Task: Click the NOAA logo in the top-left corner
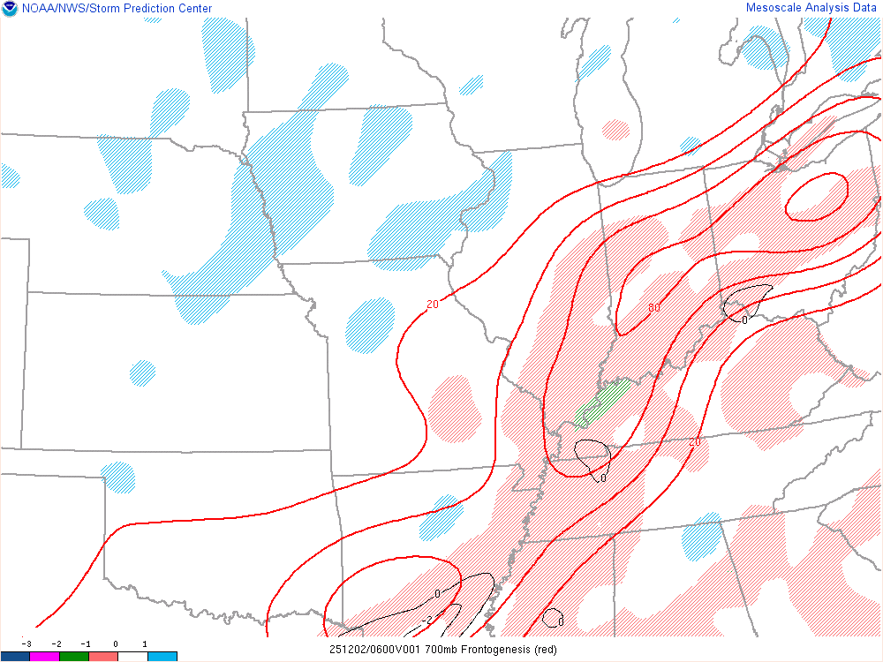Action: point(10,9)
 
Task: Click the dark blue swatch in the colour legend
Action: point(15,656)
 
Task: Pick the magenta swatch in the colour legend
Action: point(44,656)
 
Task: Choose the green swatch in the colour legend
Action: point(74,656)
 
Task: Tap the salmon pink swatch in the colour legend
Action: point(103,656)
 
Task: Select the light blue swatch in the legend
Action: point(162,656)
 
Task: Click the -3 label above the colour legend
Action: point(27,644)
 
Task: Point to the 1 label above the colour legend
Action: point(145,644)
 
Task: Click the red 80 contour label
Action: point(654,308)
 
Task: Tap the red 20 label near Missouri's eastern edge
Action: point(432,305)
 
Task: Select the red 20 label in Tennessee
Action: point(695,441)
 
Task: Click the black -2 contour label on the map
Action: point(426,621)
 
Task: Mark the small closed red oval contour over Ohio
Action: point(817,196)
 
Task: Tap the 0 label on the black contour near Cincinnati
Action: point(744,320)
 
